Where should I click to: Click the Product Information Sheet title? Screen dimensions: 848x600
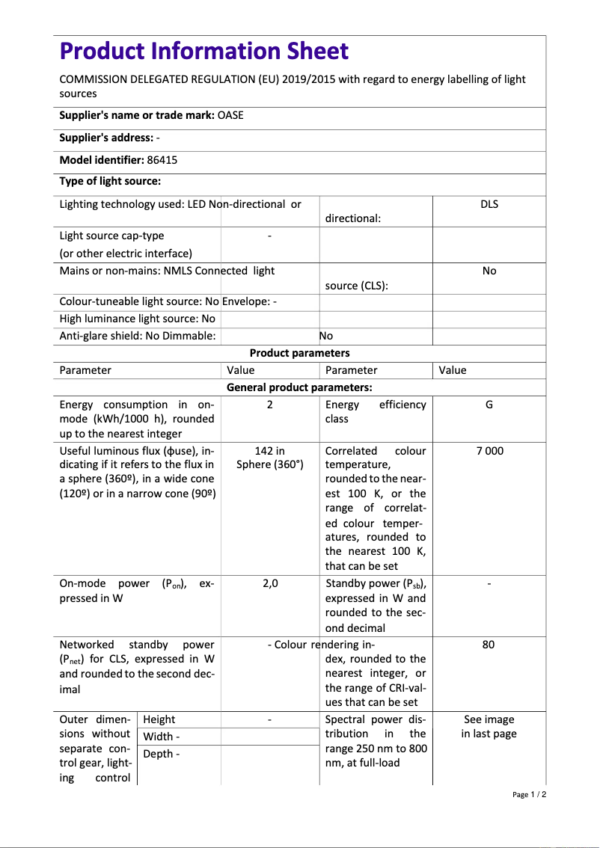203,52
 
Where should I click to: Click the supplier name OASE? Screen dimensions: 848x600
230,115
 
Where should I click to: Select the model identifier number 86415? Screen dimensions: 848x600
162,160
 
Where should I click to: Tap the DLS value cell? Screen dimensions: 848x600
489,204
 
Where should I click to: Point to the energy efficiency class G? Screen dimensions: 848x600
489,405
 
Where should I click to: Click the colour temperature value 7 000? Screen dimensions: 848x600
489,451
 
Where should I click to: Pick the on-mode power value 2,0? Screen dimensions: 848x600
270,583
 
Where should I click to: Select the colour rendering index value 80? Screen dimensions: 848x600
489,645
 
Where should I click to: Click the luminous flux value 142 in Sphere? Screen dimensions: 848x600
270,458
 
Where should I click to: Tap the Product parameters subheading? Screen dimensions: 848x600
299,353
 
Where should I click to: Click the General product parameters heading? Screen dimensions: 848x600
299,387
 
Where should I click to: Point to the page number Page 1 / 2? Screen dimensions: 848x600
529,794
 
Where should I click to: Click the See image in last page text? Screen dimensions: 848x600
489,726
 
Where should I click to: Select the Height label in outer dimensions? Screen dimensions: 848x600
159,719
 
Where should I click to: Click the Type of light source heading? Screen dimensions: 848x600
110,181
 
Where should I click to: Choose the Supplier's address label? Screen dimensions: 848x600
106,138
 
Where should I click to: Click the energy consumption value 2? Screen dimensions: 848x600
270,405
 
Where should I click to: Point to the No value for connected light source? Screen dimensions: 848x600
489,271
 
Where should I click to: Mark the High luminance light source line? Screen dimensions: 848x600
137,319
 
